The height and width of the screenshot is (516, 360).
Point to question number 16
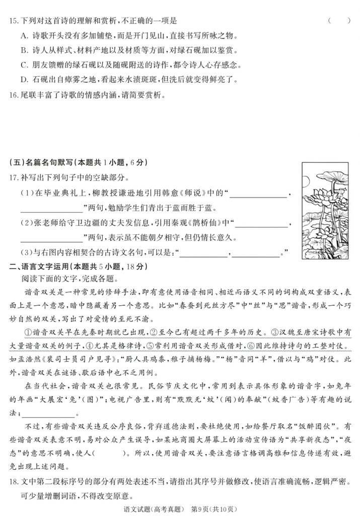tap(13, 94)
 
